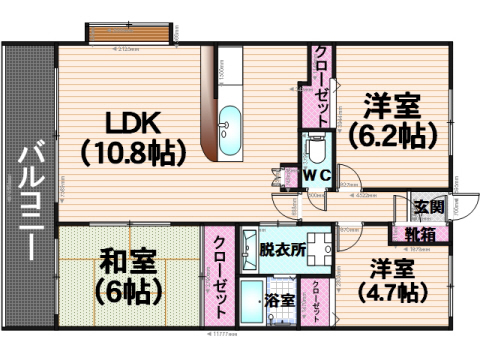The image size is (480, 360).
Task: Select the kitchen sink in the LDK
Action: [229, 124]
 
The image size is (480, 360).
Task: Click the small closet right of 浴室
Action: [316, 300]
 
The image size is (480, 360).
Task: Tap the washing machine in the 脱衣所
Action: [319, 247]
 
